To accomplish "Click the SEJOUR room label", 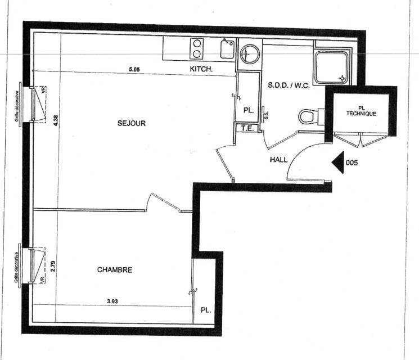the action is coord(132,123).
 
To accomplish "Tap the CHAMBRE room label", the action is coord(115,269).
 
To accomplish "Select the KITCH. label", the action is coord(201,69).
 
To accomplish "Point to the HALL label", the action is coord(279,160).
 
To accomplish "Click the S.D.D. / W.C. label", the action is coord(289,85).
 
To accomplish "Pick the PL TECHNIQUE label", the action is coord(361,111).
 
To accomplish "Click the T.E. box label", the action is coord(247,128).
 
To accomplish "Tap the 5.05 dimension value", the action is coord(134,70).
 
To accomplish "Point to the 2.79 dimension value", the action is coord(53,266).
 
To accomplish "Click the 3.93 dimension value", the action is coord(112,301).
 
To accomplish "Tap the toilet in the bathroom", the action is coord(311,116).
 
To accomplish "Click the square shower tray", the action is coord(332,67).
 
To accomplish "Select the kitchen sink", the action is coord(227,48).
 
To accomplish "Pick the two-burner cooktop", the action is coord(197,48).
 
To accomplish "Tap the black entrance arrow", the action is coord(338,162).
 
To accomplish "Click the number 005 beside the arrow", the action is coord(352,163).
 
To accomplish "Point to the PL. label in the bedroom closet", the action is coord(206,310).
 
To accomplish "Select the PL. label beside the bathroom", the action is coord(249,110).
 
